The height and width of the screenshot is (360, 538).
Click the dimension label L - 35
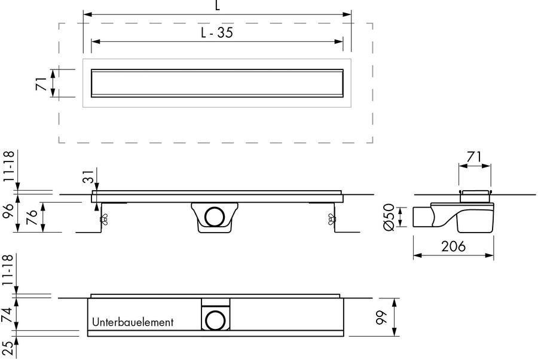click(x=217, y=32)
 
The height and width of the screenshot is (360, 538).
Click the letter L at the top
click(x=218, y=5)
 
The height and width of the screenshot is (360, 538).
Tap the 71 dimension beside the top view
click(x=41, y=83)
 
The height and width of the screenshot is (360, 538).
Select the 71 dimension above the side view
click(x=475, y=157)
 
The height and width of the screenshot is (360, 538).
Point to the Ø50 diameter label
click(x=389, y=217)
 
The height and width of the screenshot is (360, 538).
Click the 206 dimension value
click(x=453, y=246)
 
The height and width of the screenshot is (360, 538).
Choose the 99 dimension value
click(x=381, y=317)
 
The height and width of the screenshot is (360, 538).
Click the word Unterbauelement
click(x=133, y=322)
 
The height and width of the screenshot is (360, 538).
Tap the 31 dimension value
click(x=88, y=176)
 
